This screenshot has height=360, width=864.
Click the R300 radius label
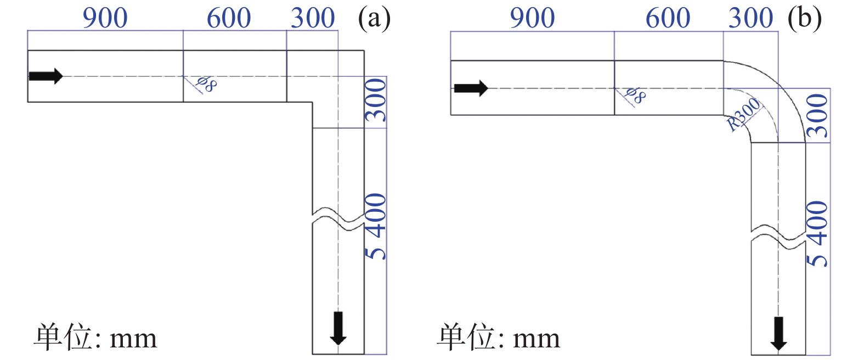point(744,114)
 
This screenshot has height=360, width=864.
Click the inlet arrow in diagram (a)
point(46,76)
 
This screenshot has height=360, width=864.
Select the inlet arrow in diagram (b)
point(471,88)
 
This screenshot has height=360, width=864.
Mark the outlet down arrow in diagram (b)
point(778,333)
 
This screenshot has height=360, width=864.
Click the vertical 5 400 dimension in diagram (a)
point(376,226)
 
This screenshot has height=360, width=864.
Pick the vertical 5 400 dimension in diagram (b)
point(817,234)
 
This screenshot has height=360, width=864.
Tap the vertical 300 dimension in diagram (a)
point(376,100)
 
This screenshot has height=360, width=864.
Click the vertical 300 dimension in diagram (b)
point(817,115)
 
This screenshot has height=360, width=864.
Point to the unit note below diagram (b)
point(498,337)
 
